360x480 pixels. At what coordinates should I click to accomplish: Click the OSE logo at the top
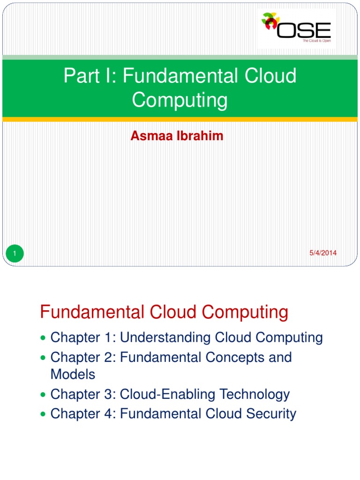click(x=297, y=29)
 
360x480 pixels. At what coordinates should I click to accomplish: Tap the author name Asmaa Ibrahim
click(x=178, y=136)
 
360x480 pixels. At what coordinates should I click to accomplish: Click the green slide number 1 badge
click(x=15, y=254)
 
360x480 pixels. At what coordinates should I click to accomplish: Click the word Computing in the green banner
click(x=180, y=100)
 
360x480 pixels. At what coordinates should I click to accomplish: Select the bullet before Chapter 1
click(x=44, y=338)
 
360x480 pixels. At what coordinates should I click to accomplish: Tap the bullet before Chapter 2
click(x=44, y=358)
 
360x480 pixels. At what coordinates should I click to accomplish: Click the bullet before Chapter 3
click(x=44, y=395)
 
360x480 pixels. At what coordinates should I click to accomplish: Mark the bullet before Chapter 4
click(x=44, y=414)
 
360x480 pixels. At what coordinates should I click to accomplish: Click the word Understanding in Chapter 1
click(x=166, y=337)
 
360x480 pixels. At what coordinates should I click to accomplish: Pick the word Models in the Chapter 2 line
click(x=73, y=375)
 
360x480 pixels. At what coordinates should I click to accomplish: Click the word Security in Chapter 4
click(x=272, y=414)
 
